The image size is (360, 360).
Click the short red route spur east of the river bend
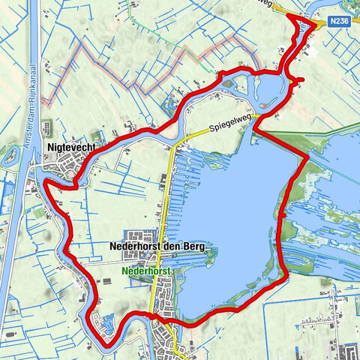click(x=299, y=79)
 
